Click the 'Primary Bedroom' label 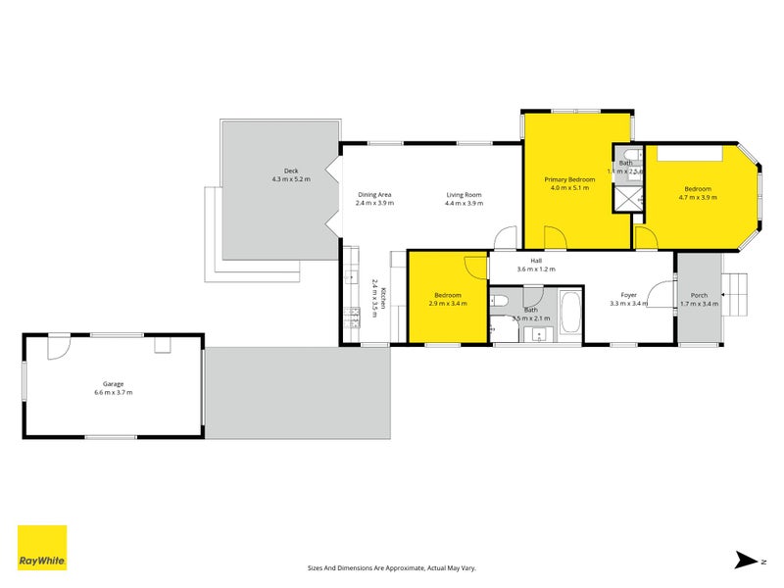[x=570, y=179]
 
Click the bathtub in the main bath [x=568, y=313]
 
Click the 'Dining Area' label [x=374, y=194]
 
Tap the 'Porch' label [x=699, y=295]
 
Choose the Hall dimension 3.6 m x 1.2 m [x=536, y=269]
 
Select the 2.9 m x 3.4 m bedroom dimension [x=448, y=304]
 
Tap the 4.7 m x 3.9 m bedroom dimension [x=698, y=197]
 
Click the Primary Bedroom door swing [x=555, y=236]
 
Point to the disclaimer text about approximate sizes [x=392, y=566]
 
